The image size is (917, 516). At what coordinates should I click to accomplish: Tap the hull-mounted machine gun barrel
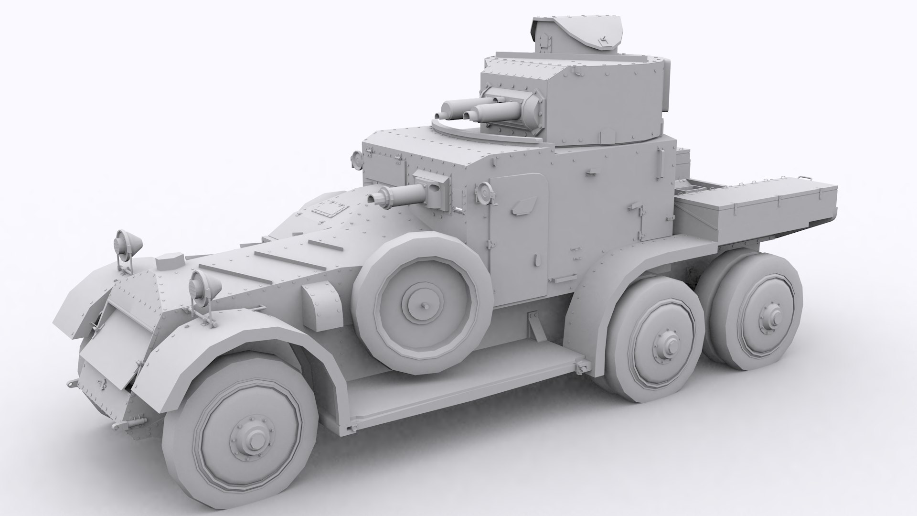click(x=396, y=195)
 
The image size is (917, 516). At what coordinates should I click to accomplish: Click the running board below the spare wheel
click(x=458, y=382)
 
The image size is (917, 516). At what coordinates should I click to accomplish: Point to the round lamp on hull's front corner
click(x=356, y=159)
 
